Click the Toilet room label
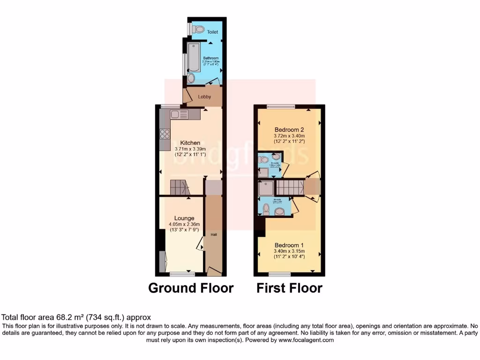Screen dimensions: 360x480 click(x=213, y=32)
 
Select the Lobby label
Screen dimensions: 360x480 click(x=204, y=97)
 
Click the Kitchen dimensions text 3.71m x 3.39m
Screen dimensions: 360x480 click(x=190, y=149)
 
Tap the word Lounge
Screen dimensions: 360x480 click(x=184, y=218)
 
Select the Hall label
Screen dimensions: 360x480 click(x=214, y=235)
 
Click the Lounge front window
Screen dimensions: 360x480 click(x=179, y=273)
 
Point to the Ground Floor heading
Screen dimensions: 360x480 click(x=191, y=288)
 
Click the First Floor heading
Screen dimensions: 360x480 click(x=289, y=288)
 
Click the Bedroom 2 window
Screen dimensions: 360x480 click(x=281, y=106)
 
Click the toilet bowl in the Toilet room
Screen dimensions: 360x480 click(x=199, y=30)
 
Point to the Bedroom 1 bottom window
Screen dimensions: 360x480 click(x=283, y=274)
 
